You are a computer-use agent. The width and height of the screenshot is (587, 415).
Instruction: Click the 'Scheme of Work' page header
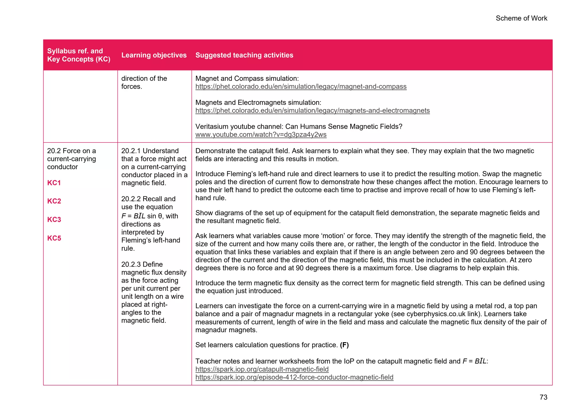521,18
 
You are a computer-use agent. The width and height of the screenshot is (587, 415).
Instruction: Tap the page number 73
543,397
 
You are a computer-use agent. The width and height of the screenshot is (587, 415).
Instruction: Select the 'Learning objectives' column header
154,55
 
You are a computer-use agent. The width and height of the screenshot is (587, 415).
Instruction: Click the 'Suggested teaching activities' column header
244,55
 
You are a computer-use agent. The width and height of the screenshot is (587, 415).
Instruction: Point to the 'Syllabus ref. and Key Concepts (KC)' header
79,55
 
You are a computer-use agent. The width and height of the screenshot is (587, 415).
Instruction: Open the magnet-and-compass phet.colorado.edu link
301,87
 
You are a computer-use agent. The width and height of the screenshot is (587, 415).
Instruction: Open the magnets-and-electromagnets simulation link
312,111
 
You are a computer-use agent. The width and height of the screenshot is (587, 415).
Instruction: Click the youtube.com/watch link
261,135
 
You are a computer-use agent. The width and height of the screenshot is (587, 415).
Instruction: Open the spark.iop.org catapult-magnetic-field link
262,369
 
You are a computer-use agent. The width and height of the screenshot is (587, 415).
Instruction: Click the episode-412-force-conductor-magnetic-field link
294,377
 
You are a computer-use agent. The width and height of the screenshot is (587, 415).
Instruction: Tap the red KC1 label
54,183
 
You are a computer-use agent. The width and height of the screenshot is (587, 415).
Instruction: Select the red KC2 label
54,201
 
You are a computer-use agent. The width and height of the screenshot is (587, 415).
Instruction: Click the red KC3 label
54,220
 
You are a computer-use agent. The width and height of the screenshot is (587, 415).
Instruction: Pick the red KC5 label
54,238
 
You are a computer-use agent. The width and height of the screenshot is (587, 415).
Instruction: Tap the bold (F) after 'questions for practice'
344,345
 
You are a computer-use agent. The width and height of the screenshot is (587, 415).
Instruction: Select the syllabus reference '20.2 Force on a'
71,151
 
